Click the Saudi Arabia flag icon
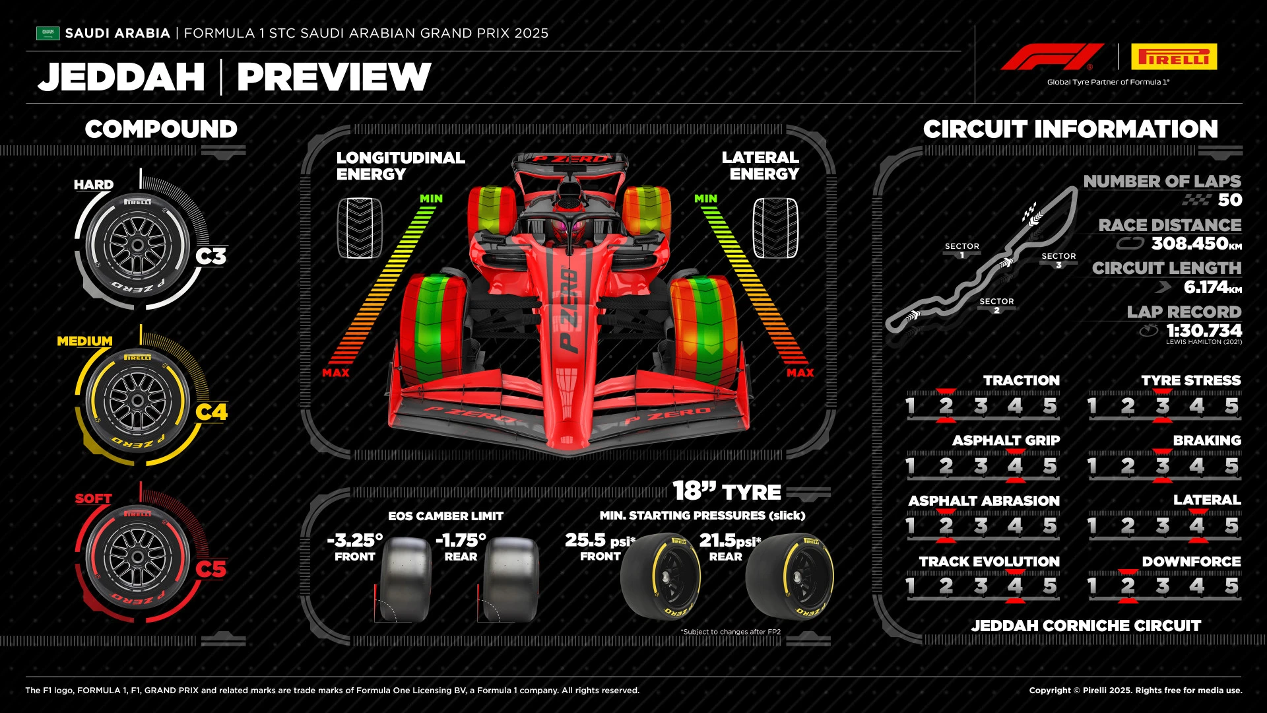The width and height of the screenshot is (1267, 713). (x=48, y=33)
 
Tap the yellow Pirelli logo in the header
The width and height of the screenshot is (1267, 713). (x=1174, y=57)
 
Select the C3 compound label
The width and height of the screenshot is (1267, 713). (x=211, y=256)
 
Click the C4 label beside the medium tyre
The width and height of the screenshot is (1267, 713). (x=211, y=412)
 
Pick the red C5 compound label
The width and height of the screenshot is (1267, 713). (x=211, y=569)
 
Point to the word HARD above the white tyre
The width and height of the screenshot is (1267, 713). (x=94, y=185)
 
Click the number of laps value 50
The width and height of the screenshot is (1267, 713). (x=1229, y=200)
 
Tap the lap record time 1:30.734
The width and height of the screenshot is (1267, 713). (x=1204, y=330)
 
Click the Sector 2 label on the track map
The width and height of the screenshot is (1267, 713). (x=996, y=305)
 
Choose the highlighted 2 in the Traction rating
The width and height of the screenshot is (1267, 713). (x=946, y=406)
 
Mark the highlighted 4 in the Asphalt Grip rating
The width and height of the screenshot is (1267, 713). (x=1015, y=466)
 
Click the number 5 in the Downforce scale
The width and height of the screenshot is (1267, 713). (x=1231, y=586)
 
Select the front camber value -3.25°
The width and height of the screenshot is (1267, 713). (x=355, y=540)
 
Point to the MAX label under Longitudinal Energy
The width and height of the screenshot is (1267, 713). (x=336, y=373)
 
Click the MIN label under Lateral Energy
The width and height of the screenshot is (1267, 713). (x=705, y=199)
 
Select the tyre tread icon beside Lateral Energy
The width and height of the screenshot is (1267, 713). (x=775, y=228)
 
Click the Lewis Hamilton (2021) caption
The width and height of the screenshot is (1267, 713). (x=1204, y=342)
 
